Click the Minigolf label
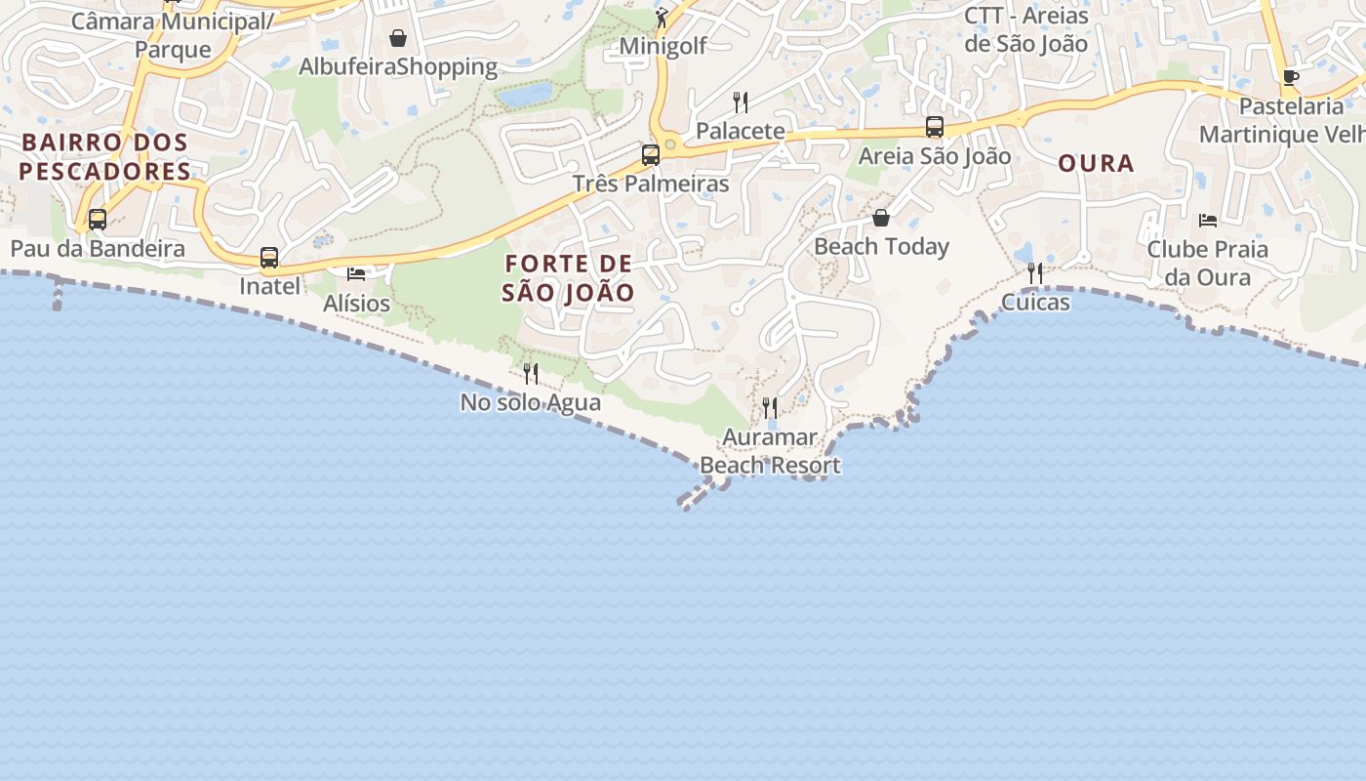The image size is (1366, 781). [663, 46]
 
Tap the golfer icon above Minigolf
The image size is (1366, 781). [663, 17]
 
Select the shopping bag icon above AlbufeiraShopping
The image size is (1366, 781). [398, 38]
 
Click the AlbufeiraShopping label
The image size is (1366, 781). [398, 66]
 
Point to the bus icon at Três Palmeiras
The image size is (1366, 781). [650, 154]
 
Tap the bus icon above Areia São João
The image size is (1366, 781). [935, 127]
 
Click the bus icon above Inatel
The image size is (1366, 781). [269, 258]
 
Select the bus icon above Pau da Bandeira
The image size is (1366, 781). [98, 220]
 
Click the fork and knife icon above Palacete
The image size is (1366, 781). [741, 102]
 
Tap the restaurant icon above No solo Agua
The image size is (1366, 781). [531, 373]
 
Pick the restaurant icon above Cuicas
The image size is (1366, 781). [1035, 272]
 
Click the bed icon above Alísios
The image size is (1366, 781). [356, 273]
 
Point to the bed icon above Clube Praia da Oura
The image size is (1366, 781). [1208, 220]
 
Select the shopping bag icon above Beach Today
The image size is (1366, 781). [881, 218]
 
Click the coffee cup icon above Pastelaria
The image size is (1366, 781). [1291, 77]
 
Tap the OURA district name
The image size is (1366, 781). [1097, 163]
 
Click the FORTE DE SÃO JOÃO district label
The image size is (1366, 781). [569, 277]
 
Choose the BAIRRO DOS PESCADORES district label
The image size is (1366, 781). [105, 156]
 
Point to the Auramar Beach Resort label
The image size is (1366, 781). [771, 451]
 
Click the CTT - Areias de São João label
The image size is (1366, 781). [1025, 29]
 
